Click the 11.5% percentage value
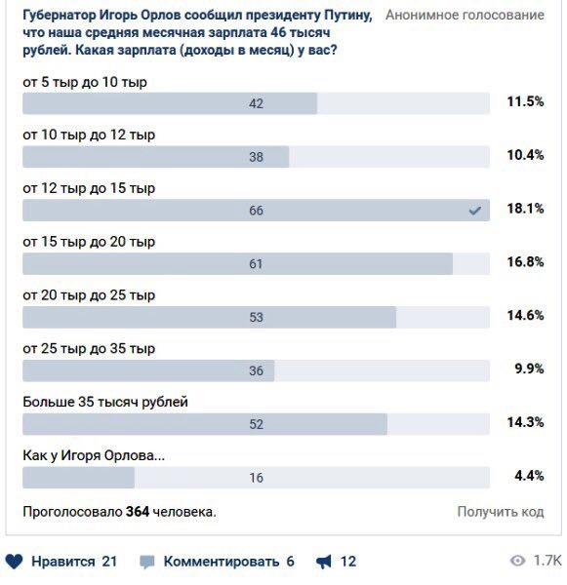(x=525, y=101)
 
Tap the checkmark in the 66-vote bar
(x=474, y=211)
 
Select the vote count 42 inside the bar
(x=257, y=103)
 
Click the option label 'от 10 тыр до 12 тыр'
(x=89, y=135)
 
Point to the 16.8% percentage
(x=525, y=262)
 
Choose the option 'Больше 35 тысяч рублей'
(x=105, y=402)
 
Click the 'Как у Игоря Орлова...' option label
(x=94, y=455)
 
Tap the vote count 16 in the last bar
(x=257, y=478)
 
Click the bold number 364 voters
(x=138, y=511)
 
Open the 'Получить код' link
(x=501, y=512)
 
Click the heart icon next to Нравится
(x=15, y=562)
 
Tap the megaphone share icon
(x=323, y=562)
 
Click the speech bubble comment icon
(x=146, y=562)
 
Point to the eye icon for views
(x=517, y=561)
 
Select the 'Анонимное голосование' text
(x=466, y=15)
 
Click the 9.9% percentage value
(x=529, y=369)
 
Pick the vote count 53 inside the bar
(x=257, y=317)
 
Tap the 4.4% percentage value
(x=529, y=476)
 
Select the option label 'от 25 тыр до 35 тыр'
(x=89, y=348)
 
